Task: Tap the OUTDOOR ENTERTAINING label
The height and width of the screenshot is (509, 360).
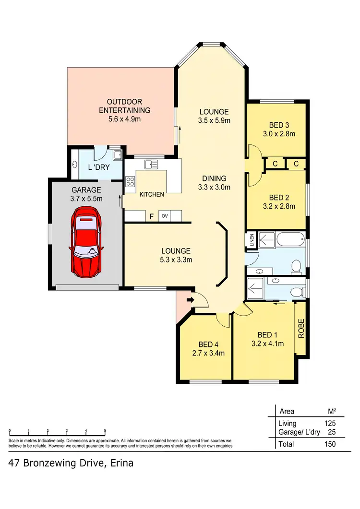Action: pos(124,106)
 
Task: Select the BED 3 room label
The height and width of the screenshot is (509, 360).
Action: pos(276,126)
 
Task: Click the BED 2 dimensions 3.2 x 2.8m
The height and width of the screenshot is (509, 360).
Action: pos(276,207)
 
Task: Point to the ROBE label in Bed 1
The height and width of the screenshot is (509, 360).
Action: pos(301,329)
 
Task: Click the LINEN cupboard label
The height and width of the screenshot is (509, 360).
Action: pos(251,240)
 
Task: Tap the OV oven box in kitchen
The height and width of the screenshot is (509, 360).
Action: pos(164,216)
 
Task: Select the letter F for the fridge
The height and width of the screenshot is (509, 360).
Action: pos(151,217)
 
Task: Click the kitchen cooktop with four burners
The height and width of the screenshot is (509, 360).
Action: pos(130,181)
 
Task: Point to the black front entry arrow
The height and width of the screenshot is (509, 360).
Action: pos(190,300)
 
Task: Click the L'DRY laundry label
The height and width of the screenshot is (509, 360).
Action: pos(99,168)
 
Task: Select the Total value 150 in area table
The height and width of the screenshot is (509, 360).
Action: pos(329,444)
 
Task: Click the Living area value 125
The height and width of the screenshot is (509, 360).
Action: pos(329,424)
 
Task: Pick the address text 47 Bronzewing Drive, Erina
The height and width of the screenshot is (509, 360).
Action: pos(71,463)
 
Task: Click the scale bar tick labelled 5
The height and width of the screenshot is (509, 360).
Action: pos(105,431)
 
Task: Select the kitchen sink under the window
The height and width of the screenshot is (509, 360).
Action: pos(151,164)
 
